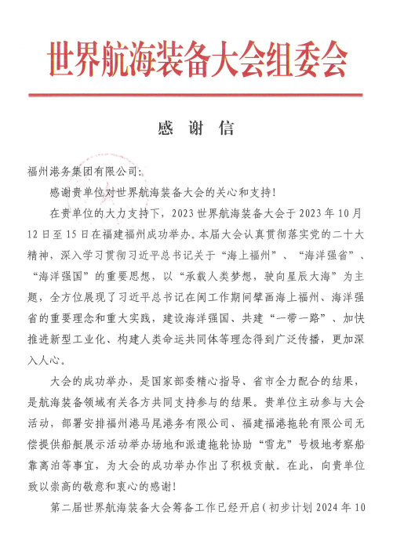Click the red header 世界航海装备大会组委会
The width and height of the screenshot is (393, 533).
[x=196, y=59]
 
